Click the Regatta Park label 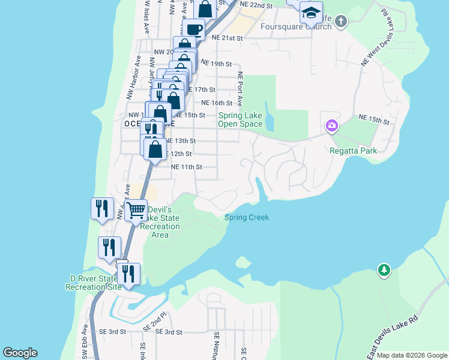[x=354, y=151]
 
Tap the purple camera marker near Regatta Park [x=331, y=126]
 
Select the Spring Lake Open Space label [x=240, y=120]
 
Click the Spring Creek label [x=247, y=217]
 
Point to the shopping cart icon [x=137, y=211]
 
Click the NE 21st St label [x=228, y=37]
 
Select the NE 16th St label [x=217, y=103]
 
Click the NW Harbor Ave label [x=133, y=78]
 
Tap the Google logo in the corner [x=20, y=353]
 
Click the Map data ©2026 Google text [x=411, y=355]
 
